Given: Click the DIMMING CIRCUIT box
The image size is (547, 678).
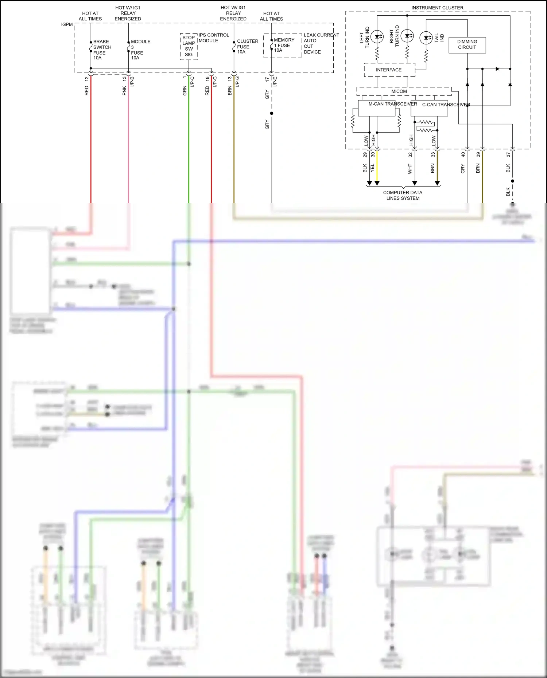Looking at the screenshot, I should pyautogui.click(x=467, y=45).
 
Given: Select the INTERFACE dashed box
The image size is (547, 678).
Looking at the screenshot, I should pyautogui.click(x=389, y=70).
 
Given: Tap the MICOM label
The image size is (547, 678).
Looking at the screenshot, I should pyautogui.click(x=399, y=91).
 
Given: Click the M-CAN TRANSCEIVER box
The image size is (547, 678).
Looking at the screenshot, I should pyautogui.click(x=377, y=108).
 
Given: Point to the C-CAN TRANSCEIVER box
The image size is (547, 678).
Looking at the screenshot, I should pyautogui.click(x=429, y=108).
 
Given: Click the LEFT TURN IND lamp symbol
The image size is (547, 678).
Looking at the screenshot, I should pyautogui.click(x=377, y=36).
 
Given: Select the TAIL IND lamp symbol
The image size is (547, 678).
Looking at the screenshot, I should pyautogui.click(x=426, y=38).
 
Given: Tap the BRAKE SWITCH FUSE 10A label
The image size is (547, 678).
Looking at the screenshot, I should pyautogui.click(x=102, y=50).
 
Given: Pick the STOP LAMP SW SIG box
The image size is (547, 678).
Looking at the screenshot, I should pyautogui.click(x=189, y=46).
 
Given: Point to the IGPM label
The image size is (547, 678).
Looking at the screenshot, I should pyautogui.click(x=67, y=24).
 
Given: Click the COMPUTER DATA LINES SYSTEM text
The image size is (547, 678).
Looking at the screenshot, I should pyautogui.click(x=403, y=195).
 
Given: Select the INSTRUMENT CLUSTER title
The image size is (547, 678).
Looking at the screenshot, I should pyautogui.click(x=437, y=8).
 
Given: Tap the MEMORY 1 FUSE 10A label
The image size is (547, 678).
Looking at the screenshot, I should pyautogui.click(x=283, y=45).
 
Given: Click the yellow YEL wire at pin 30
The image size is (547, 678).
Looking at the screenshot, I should pyautogui.click(x=377, y=168).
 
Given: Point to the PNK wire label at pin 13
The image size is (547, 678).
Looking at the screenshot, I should pyautogui.click(x=124, y=91).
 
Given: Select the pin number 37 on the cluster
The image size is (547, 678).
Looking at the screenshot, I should pyautogui.click(x=508, y=154).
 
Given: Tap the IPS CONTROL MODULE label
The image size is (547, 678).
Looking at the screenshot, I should pyautogui.click(x=213, y=38).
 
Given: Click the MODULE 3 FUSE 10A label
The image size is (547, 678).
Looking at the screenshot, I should pyautogui.click(x=140, y=50).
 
